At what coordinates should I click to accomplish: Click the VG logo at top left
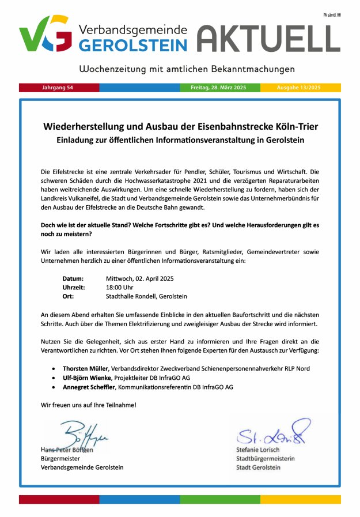(x=46, y=34)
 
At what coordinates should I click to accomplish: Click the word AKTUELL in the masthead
(x=268, y=38)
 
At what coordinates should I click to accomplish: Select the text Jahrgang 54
(x=58, y=88)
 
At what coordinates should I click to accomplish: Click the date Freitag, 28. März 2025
(x=218, y=88)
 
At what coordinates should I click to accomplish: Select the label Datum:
(x=73, y=278)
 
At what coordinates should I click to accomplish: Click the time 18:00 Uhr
(x=120, y=287)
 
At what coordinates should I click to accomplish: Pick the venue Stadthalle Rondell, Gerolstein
(x=146, y=296)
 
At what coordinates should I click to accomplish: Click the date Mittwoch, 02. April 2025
(x=140, y=278)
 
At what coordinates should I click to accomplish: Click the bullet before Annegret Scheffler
(x=54, y=387)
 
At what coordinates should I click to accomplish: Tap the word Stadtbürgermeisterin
(x=265, y=458)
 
